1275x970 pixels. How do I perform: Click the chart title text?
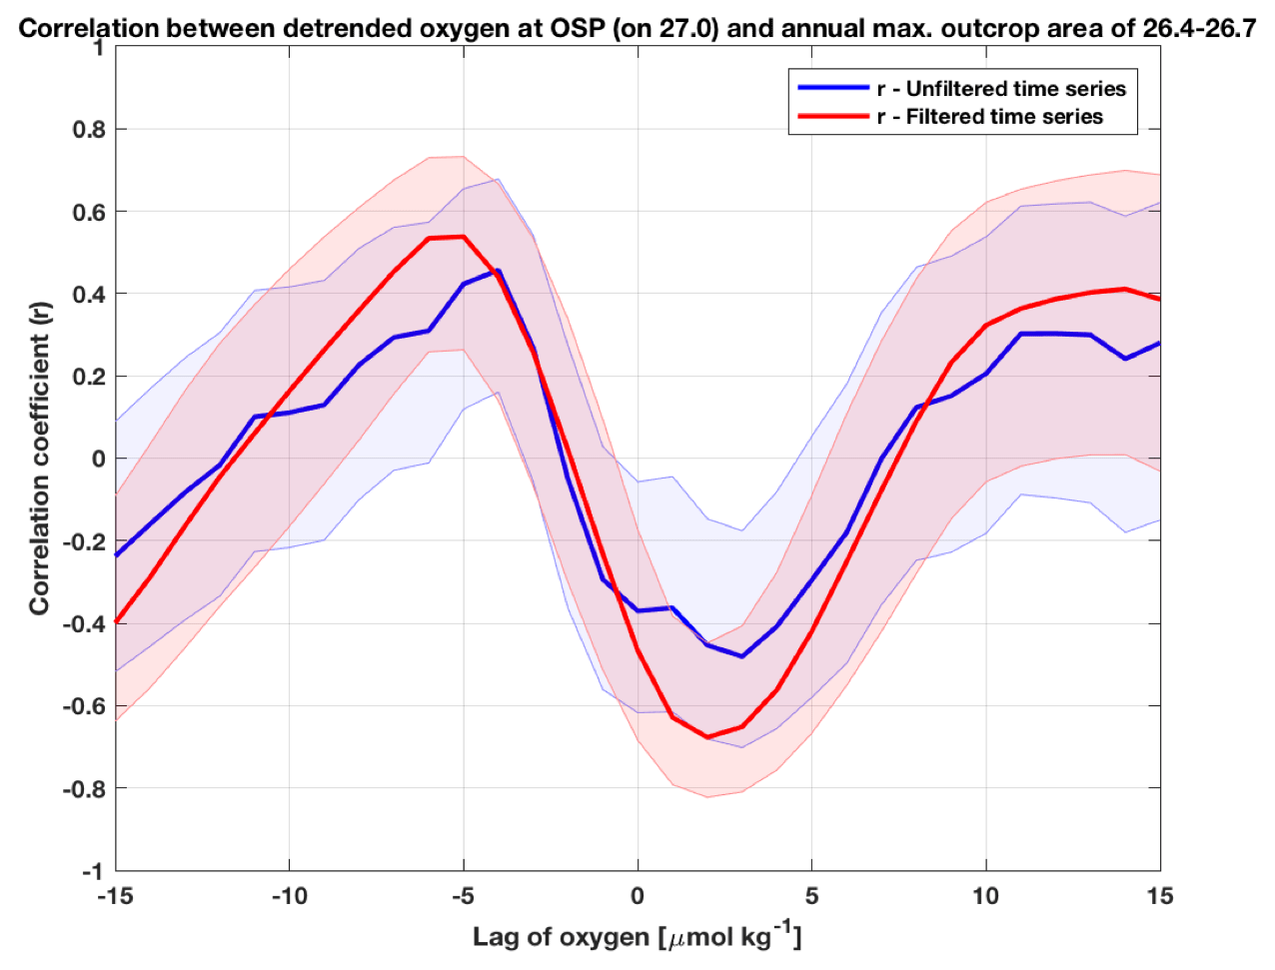[x=637, y=28]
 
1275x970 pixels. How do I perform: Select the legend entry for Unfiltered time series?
[x=1001, y=88]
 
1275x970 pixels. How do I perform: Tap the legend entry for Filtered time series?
[x=989, y=117]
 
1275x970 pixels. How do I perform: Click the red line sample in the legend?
[x=833, y=117]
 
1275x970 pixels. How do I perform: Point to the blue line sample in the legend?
[x=833, y=88]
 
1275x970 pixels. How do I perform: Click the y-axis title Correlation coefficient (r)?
[x=39, y=459]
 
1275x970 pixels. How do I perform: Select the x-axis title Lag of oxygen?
[x=637, y=936]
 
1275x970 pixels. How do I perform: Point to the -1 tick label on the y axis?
[x=91, y=871]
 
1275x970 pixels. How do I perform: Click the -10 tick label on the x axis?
[x=288, y=896]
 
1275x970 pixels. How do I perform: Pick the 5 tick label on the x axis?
[x=811, y=896]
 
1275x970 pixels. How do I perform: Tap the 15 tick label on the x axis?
[x=1159, y=896]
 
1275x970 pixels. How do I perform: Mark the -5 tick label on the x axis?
[x=462, y=896]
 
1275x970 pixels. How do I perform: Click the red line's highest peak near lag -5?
[x=464, y=237]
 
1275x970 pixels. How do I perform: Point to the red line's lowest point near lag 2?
[x=707, y=737]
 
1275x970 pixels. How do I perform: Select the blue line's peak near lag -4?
[x=499, y=270]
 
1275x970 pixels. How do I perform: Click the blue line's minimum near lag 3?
[x=742, y=656]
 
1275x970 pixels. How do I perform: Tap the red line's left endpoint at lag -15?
[x=117, y=622]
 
